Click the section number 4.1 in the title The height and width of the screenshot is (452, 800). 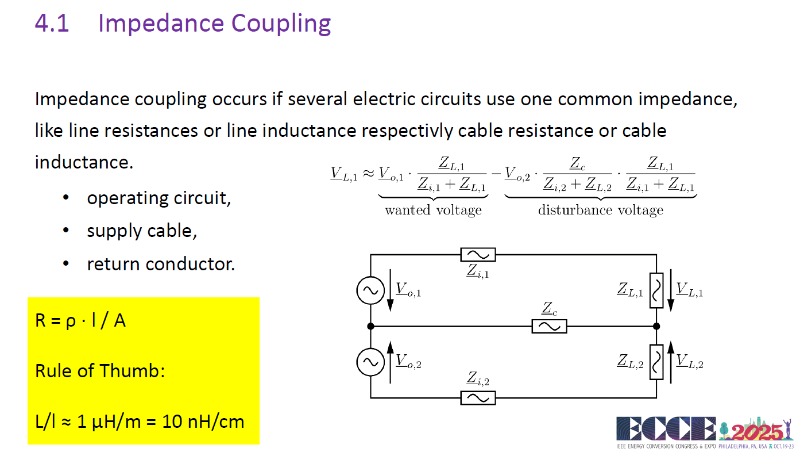pos(52,23)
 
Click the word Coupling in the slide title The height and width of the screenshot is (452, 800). pos(281,24)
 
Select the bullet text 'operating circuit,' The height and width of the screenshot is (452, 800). pos(159,198)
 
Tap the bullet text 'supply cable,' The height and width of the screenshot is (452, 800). pos(142,231)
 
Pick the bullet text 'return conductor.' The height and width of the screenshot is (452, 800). pos(161,264)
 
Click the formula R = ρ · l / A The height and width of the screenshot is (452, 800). pos(80,320)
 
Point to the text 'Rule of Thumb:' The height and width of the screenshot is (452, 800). pos(100,370)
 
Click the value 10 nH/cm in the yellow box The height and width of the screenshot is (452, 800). pos(203,422)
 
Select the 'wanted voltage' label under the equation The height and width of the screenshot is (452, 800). pos(433,210)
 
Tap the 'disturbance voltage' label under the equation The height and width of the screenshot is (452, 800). pos(601,210)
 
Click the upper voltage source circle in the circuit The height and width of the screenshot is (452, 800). pos(371,290)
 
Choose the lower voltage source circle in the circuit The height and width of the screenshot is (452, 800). pos(371,362)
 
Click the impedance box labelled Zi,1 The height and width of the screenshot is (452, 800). pos(478,255)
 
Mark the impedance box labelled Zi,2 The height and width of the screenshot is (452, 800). pos(478,398)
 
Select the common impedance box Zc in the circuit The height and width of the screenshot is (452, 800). pos(549,326)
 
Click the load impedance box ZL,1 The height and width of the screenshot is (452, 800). pos(656,290)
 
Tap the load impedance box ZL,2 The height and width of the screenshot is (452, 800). pos(656,362)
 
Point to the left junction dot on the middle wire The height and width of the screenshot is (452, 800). pos(371,326)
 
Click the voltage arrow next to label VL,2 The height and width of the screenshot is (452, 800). pos(671,362)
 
